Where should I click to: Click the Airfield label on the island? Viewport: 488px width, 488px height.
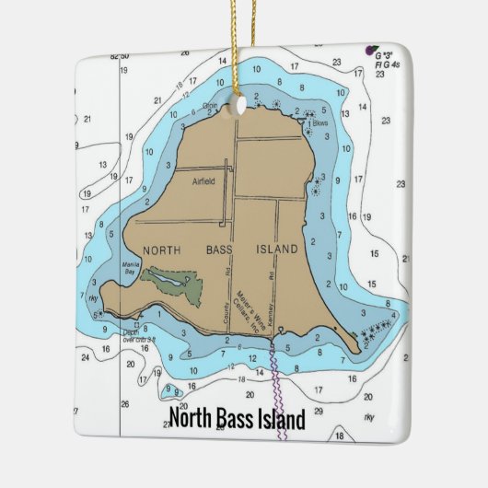203,181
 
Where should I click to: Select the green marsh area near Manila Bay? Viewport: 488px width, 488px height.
175,283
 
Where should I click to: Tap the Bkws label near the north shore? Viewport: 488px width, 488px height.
320,122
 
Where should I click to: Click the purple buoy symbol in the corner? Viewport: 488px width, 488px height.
370,48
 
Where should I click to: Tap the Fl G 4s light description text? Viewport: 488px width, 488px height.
386,64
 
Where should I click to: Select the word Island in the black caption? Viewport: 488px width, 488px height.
276,420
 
